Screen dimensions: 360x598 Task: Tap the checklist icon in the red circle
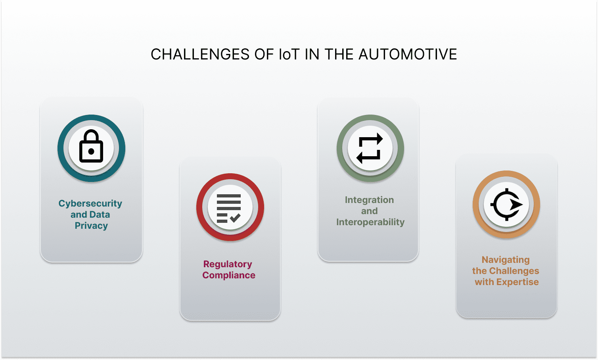point(229,208)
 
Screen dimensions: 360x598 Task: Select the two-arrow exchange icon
point(370,149)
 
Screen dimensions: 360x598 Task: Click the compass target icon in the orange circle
point(506,205)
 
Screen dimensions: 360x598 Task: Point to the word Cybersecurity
point(90,203)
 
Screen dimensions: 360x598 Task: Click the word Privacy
point(91,226)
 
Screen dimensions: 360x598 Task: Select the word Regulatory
point(228,264)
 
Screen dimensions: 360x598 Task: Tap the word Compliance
point(229,275)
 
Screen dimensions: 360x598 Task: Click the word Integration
point(369,200)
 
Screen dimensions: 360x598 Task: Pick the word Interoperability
point(370,222)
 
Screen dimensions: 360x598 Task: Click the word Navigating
point(506,260)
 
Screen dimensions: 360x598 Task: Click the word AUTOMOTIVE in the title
point(408,54)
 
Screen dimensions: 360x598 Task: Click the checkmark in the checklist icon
point(235,218)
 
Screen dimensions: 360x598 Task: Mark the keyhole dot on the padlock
point(91,151)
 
